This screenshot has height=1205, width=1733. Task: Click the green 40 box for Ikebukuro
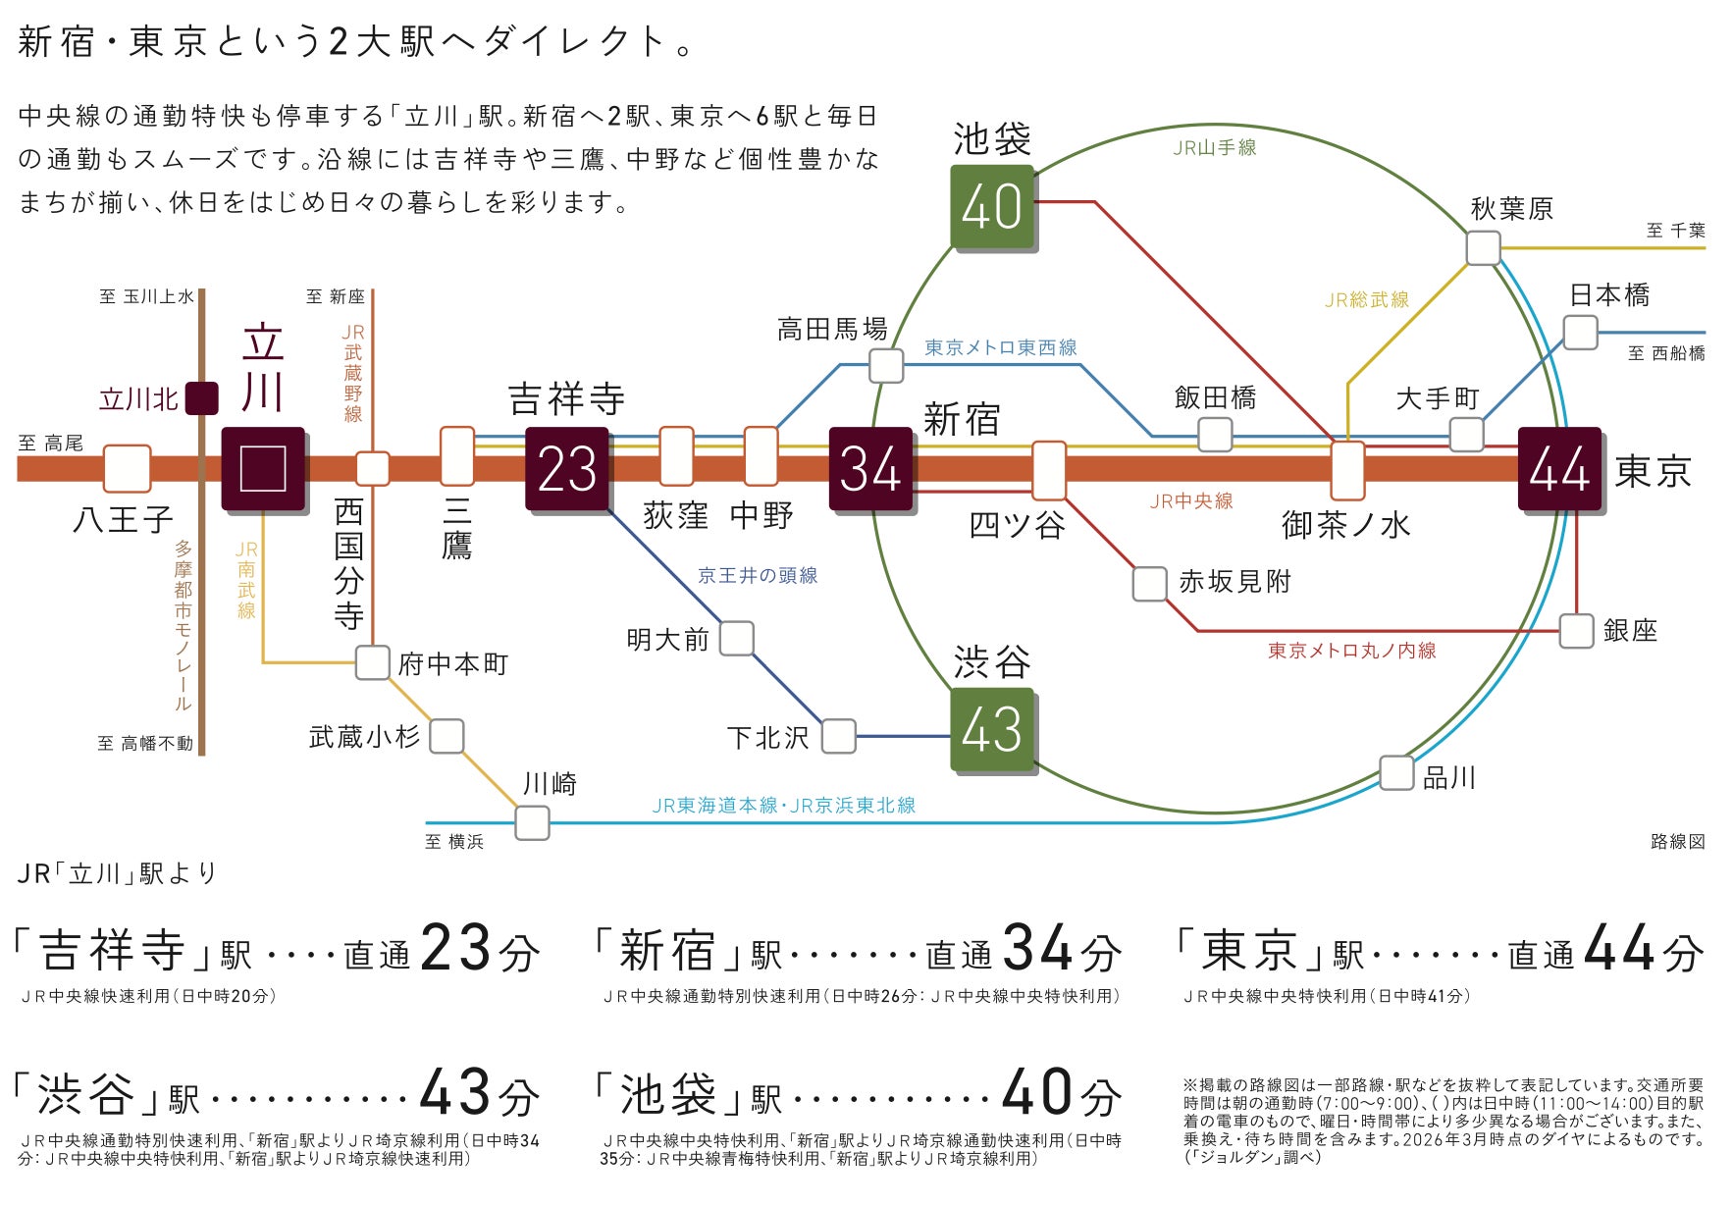tap(993, 206)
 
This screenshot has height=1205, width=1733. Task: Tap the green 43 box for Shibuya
tap(993, 730)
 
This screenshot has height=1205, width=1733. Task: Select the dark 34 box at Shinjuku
tap(871, 469)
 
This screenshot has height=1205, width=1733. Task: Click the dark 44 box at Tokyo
tap(1560, 469)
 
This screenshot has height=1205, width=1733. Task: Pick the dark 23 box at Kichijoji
tap(567, 469)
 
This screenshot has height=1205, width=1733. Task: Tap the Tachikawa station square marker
tap(263, 469)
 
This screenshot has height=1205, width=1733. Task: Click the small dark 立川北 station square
tap(202, 398)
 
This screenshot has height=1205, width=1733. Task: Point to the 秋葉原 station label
tap(1511, 209)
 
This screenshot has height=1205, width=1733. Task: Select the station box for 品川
tap(1396, 773)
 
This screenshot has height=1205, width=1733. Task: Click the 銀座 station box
tap(1577, 631)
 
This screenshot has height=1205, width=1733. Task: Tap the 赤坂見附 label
tap(1234, 582)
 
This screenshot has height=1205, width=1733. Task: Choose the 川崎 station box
tap(533, 822)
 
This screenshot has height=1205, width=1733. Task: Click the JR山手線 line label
tap(1215, 147)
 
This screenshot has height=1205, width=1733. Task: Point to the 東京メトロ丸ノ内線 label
tap(1352, 651)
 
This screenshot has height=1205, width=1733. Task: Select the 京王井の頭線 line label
tap(758, 576)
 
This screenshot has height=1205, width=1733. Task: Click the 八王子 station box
tap(128, 469)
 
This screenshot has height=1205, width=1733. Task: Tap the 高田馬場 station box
tap(886, 366)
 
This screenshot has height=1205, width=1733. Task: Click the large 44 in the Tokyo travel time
tap(1625, 948)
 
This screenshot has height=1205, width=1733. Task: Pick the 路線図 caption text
tap(1678, 842)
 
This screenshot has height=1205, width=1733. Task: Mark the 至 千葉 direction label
tap(1676, 231)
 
